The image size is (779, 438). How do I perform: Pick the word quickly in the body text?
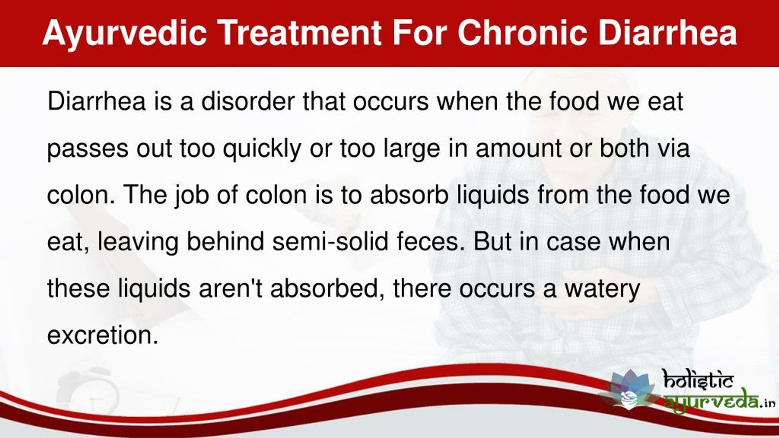(262, 150)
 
